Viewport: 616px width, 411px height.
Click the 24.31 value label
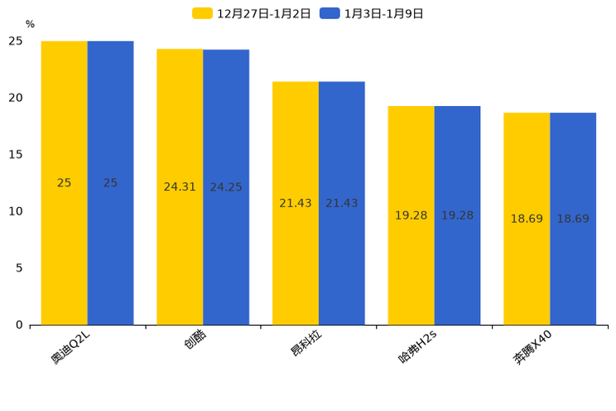coord(180,187)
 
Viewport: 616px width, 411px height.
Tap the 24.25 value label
coord(226,187)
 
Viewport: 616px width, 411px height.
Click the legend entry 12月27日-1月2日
coord(252,13)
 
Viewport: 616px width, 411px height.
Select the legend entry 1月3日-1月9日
coord(373,13)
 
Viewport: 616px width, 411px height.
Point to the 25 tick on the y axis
coord(16,41)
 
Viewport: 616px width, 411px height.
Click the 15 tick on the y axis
coord(16,154)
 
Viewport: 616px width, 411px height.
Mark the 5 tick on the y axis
coord(19,268)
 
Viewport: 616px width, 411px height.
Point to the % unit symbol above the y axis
coord(30,24)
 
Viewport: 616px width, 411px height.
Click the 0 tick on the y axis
coord(19,325)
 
